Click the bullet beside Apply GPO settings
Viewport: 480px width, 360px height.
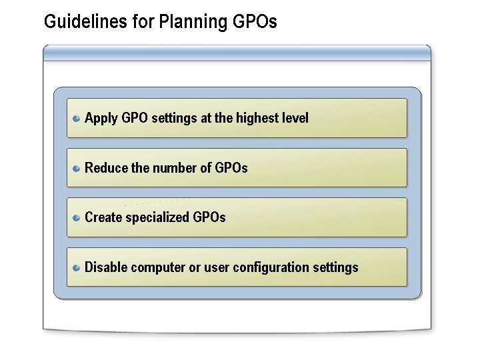pos(77,119)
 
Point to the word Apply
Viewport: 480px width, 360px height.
pos(101,119)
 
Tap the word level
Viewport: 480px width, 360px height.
pos(295,118)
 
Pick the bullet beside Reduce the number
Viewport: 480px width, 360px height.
pos(77,168)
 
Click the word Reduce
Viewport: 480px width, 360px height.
pos(107,168)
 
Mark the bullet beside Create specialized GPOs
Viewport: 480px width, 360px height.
pos(77,217)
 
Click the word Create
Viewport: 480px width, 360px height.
pos(103,217)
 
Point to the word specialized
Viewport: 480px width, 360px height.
pos(157,218)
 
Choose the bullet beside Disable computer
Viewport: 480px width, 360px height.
pos(77,267)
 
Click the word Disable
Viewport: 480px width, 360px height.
pos(107,267)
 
